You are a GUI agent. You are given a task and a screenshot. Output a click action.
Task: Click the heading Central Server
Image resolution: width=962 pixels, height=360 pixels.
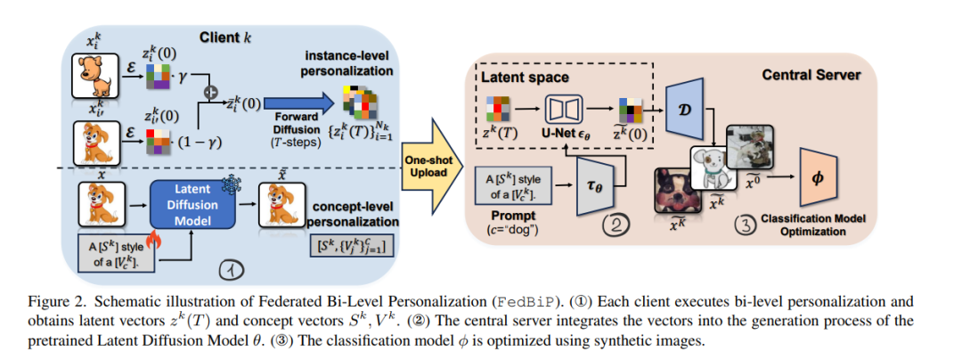pos(811,76)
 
